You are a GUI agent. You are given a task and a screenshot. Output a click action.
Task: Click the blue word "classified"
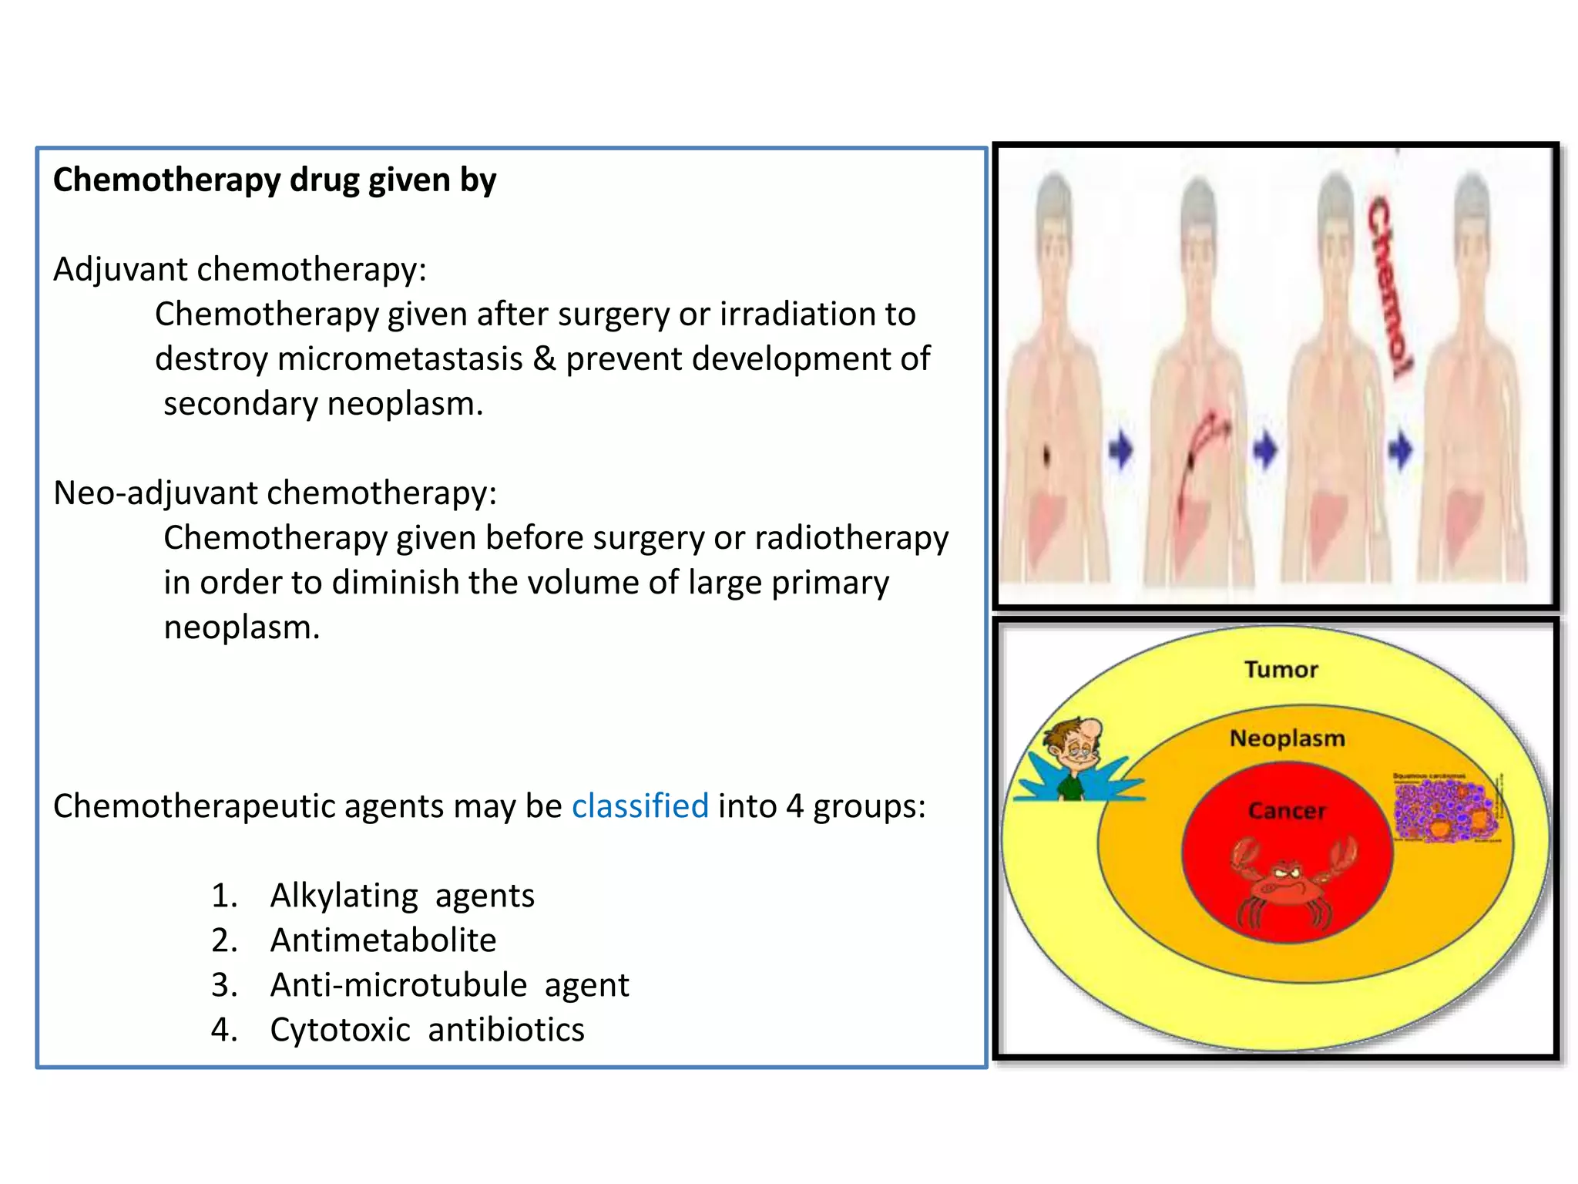coord(640,806)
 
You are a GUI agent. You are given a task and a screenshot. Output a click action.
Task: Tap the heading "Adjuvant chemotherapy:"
coord(240,270)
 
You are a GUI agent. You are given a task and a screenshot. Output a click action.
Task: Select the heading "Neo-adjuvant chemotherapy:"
coord(275,493)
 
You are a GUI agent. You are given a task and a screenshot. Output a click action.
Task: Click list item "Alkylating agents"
coord(401,896)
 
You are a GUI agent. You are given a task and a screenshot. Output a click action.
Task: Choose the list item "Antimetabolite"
coord(383,940)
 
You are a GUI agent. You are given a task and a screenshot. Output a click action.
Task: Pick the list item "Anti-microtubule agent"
coord(449,985)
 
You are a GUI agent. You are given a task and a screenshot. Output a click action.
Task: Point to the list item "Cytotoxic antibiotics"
coord(427,1030)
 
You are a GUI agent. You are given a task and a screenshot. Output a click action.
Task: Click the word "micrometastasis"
coord(400,359)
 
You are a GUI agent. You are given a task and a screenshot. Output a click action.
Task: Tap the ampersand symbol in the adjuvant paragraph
coord(544,359)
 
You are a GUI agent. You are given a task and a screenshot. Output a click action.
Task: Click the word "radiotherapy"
coord(851,538)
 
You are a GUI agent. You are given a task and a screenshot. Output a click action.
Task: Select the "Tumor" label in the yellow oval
coord(1281,669)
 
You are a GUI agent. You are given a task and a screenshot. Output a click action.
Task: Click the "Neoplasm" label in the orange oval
coord(1287,738)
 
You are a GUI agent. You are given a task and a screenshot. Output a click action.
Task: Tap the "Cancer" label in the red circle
coord(1287,811)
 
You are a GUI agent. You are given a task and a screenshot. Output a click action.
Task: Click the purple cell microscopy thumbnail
coord(1445,808)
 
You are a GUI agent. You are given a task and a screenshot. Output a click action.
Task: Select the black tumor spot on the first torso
coord(1046,456)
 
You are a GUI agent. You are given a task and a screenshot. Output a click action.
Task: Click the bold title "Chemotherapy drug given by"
coord(274,180)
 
